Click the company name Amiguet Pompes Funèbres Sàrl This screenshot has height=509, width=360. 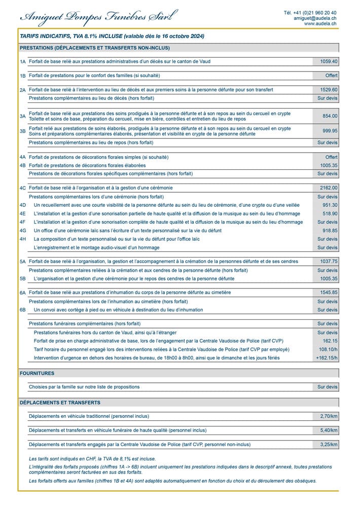(x=98, y=17)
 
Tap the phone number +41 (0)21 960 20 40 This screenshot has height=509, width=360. (x=310, y=13)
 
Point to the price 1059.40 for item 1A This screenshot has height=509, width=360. (x=329, y=61)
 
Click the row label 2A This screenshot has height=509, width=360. (x=22, y=90)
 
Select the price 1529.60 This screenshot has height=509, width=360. (x=329, y=90)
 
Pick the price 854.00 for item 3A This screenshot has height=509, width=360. (x=330, y=116)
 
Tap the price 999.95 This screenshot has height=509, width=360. (x=330, y=131)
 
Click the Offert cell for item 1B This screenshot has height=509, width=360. (x=331, y=76)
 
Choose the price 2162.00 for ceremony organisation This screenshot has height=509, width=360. (x=329, y=188)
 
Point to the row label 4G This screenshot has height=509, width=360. (x=22, y=231)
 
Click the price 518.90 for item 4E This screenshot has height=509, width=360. (x=330, y=213)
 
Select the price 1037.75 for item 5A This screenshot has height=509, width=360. (x=329, y=262)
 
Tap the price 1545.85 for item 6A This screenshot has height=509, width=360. (x=329, y=293)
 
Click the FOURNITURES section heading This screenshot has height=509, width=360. (x=37, y=373)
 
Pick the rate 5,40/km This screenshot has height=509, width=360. (x=329, y=430)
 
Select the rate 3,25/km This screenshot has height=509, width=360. (x=329, y=445)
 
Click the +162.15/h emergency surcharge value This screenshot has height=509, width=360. (x=327, y=358)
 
